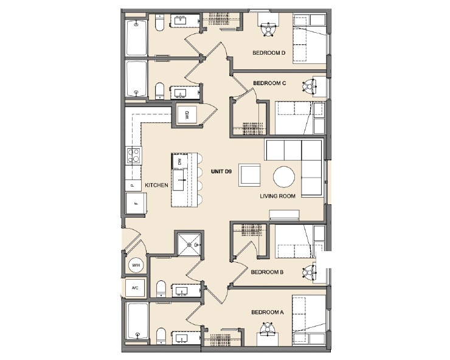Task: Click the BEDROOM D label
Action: pyautogui.click(x=269, y=53)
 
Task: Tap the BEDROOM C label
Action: pyautogui.click(x=269, y=83)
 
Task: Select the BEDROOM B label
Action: pyautogui.click(x=268, y=272)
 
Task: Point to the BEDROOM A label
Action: pyautogui.click(x=268, y=313)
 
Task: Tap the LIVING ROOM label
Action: pyautogui.click(x=277, y=196)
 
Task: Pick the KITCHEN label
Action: pyautogui.click(x=156, y=185)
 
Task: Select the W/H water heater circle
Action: pyautogui.click(x=136, y=265)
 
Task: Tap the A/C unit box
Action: pyautogui.click(x=135, y=288)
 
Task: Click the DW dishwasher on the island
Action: pyautogui.click(x=181, y=161)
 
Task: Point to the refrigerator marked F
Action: pyautogui.click(x=135, y=204)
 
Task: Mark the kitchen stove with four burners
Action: pyautogui.click(x=133, y=156)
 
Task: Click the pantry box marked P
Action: pyautogui.click(x=132, y=183)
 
